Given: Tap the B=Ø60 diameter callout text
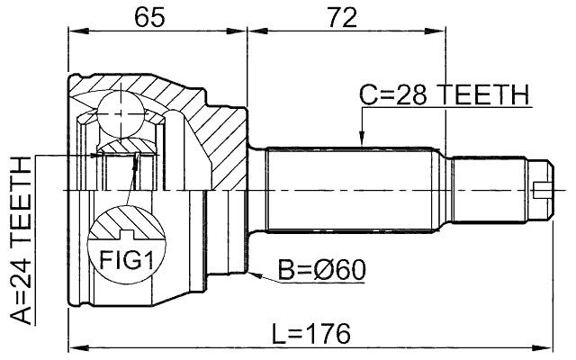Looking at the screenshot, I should [x=320, y=269].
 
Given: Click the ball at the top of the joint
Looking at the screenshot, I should [x=121, y=112].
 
